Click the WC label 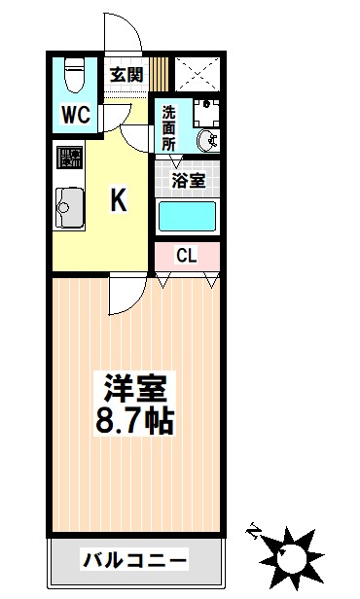pos(77,114)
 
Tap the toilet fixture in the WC pos(75,75)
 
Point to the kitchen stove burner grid pos(69,157)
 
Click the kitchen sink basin pos(69,208)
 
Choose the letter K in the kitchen pos(119,200)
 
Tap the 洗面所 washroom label pos(168,127)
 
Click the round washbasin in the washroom pos(207,141)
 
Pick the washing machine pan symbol pos(206,113)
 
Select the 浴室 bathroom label pos(189,180)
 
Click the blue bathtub pos(187,216)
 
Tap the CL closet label pos(187,255)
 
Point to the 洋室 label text pos(135,388)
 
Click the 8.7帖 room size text pos(135,420)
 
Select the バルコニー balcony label pos(135,560)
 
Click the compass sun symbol pos(292,553)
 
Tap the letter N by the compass pos(252,529)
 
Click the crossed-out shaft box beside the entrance pos(198,74)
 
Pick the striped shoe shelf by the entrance pos(159,75)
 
